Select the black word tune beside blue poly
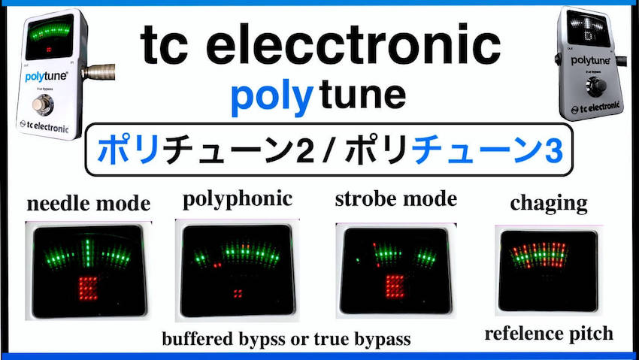[x=362, y=95]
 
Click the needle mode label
[x=89, y=204]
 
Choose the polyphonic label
[x=238, y=200]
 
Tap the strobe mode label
[x=396, y=200]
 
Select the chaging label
[x=549, y=203]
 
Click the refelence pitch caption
[x=549, y=334]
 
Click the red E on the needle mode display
[x=89, y=288]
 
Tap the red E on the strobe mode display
[x=395, y=286]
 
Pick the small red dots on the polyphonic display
[x=237, y=293]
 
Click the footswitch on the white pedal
[x=42, y=104]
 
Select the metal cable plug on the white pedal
[x=98, y=72]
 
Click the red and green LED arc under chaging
[x=540, y=255]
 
